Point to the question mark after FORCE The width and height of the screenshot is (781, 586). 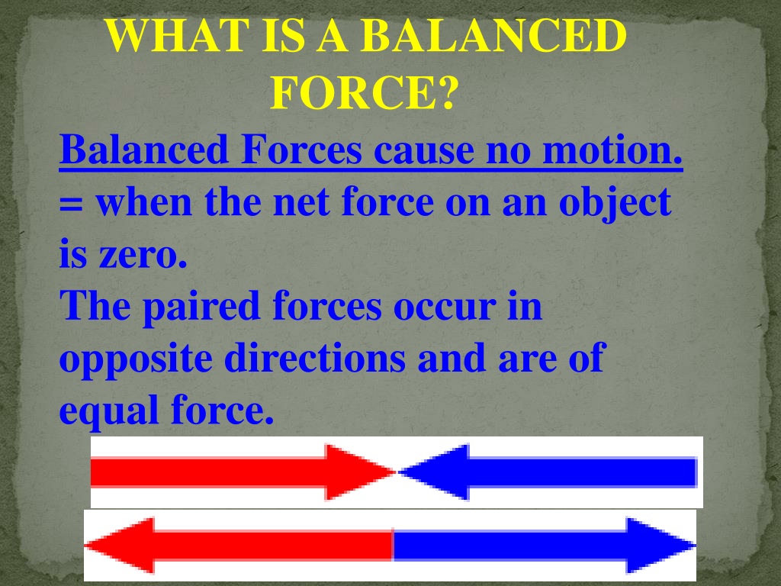[445, 92]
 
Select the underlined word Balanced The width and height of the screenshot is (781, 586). [144, 150]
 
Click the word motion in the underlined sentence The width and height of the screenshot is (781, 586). [612, 150]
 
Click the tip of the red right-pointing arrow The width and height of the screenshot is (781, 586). [396, 472]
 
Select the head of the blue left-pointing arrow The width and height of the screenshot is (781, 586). [434, 472]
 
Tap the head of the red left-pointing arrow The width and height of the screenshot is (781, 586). [120, 546]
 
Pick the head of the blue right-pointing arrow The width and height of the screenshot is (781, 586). [660, 546]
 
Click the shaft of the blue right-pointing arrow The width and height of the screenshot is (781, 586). [509, 546]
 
